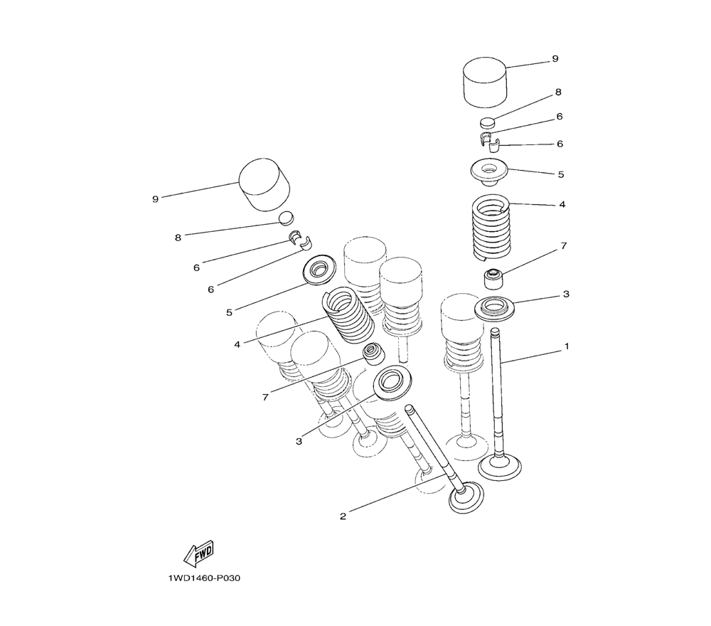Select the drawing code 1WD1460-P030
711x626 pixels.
tap(204, 578)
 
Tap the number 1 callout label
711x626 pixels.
tap(567, 346)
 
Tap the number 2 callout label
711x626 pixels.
tap(343, 516)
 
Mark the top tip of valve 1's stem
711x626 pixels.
tap(496, 331)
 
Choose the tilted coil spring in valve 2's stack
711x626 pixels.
tap(348, 314)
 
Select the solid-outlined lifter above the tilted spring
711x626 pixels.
tap(264, 184)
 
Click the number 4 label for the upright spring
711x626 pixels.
tap(562, 204)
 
